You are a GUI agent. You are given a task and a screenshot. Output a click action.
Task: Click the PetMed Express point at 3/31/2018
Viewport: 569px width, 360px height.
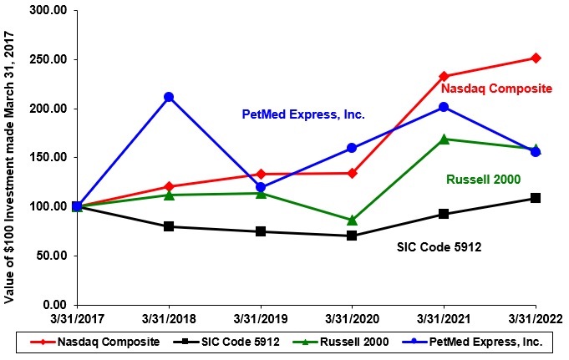169,97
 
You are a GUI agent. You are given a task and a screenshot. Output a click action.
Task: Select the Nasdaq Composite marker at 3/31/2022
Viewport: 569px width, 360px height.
536,58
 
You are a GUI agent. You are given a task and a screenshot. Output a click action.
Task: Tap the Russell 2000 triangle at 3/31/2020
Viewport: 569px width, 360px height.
352,220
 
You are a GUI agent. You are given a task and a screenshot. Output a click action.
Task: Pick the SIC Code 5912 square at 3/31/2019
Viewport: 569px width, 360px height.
261,231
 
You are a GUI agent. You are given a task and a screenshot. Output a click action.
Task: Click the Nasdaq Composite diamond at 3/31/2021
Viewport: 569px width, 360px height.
444,76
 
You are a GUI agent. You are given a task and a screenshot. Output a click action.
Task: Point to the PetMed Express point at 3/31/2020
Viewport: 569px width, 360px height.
352,148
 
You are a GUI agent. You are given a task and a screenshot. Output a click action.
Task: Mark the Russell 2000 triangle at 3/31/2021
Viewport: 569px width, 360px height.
444,139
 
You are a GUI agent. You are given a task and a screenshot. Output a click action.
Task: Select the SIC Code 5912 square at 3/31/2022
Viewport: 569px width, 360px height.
536,198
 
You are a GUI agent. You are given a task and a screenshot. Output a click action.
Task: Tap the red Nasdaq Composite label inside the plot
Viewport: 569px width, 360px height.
496,88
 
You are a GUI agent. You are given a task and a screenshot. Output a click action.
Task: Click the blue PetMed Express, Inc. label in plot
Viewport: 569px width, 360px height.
303,114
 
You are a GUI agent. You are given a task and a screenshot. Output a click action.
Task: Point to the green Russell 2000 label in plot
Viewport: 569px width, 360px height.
484,179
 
